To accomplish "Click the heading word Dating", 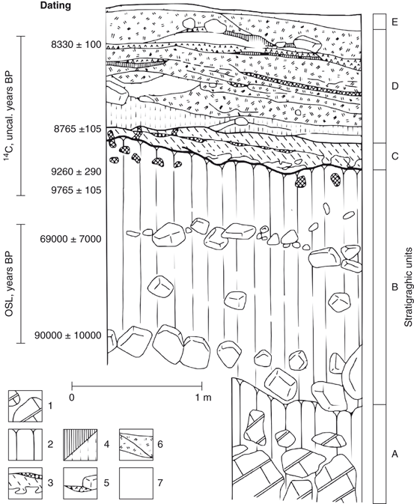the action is [55, 5].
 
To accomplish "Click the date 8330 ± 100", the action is [76, 45].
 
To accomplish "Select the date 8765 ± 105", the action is [76, 130].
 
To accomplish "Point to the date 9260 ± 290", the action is [76, 171].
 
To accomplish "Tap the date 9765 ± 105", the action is [76, 190].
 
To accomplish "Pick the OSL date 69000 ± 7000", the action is [70, 239].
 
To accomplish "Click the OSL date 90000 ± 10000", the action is [68, 336].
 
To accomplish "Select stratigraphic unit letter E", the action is [395, 22].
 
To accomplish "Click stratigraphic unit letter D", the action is [395, 86].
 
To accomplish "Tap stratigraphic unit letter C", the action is [395, 157].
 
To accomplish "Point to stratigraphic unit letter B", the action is [395, 287].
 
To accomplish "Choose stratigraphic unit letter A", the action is [395, 454].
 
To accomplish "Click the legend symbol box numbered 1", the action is [25, 406].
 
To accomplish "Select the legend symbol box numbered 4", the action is [80, 445].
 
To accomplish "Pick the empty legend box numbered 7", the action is [136, 483].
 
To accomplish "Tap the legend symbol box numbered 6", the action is [136, 445].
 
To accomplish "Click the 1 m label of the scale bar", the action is [203, 398].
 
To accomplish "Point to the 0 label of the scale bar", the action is [72, 398].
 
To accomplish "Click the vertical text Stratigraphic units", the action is [408, 288].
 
